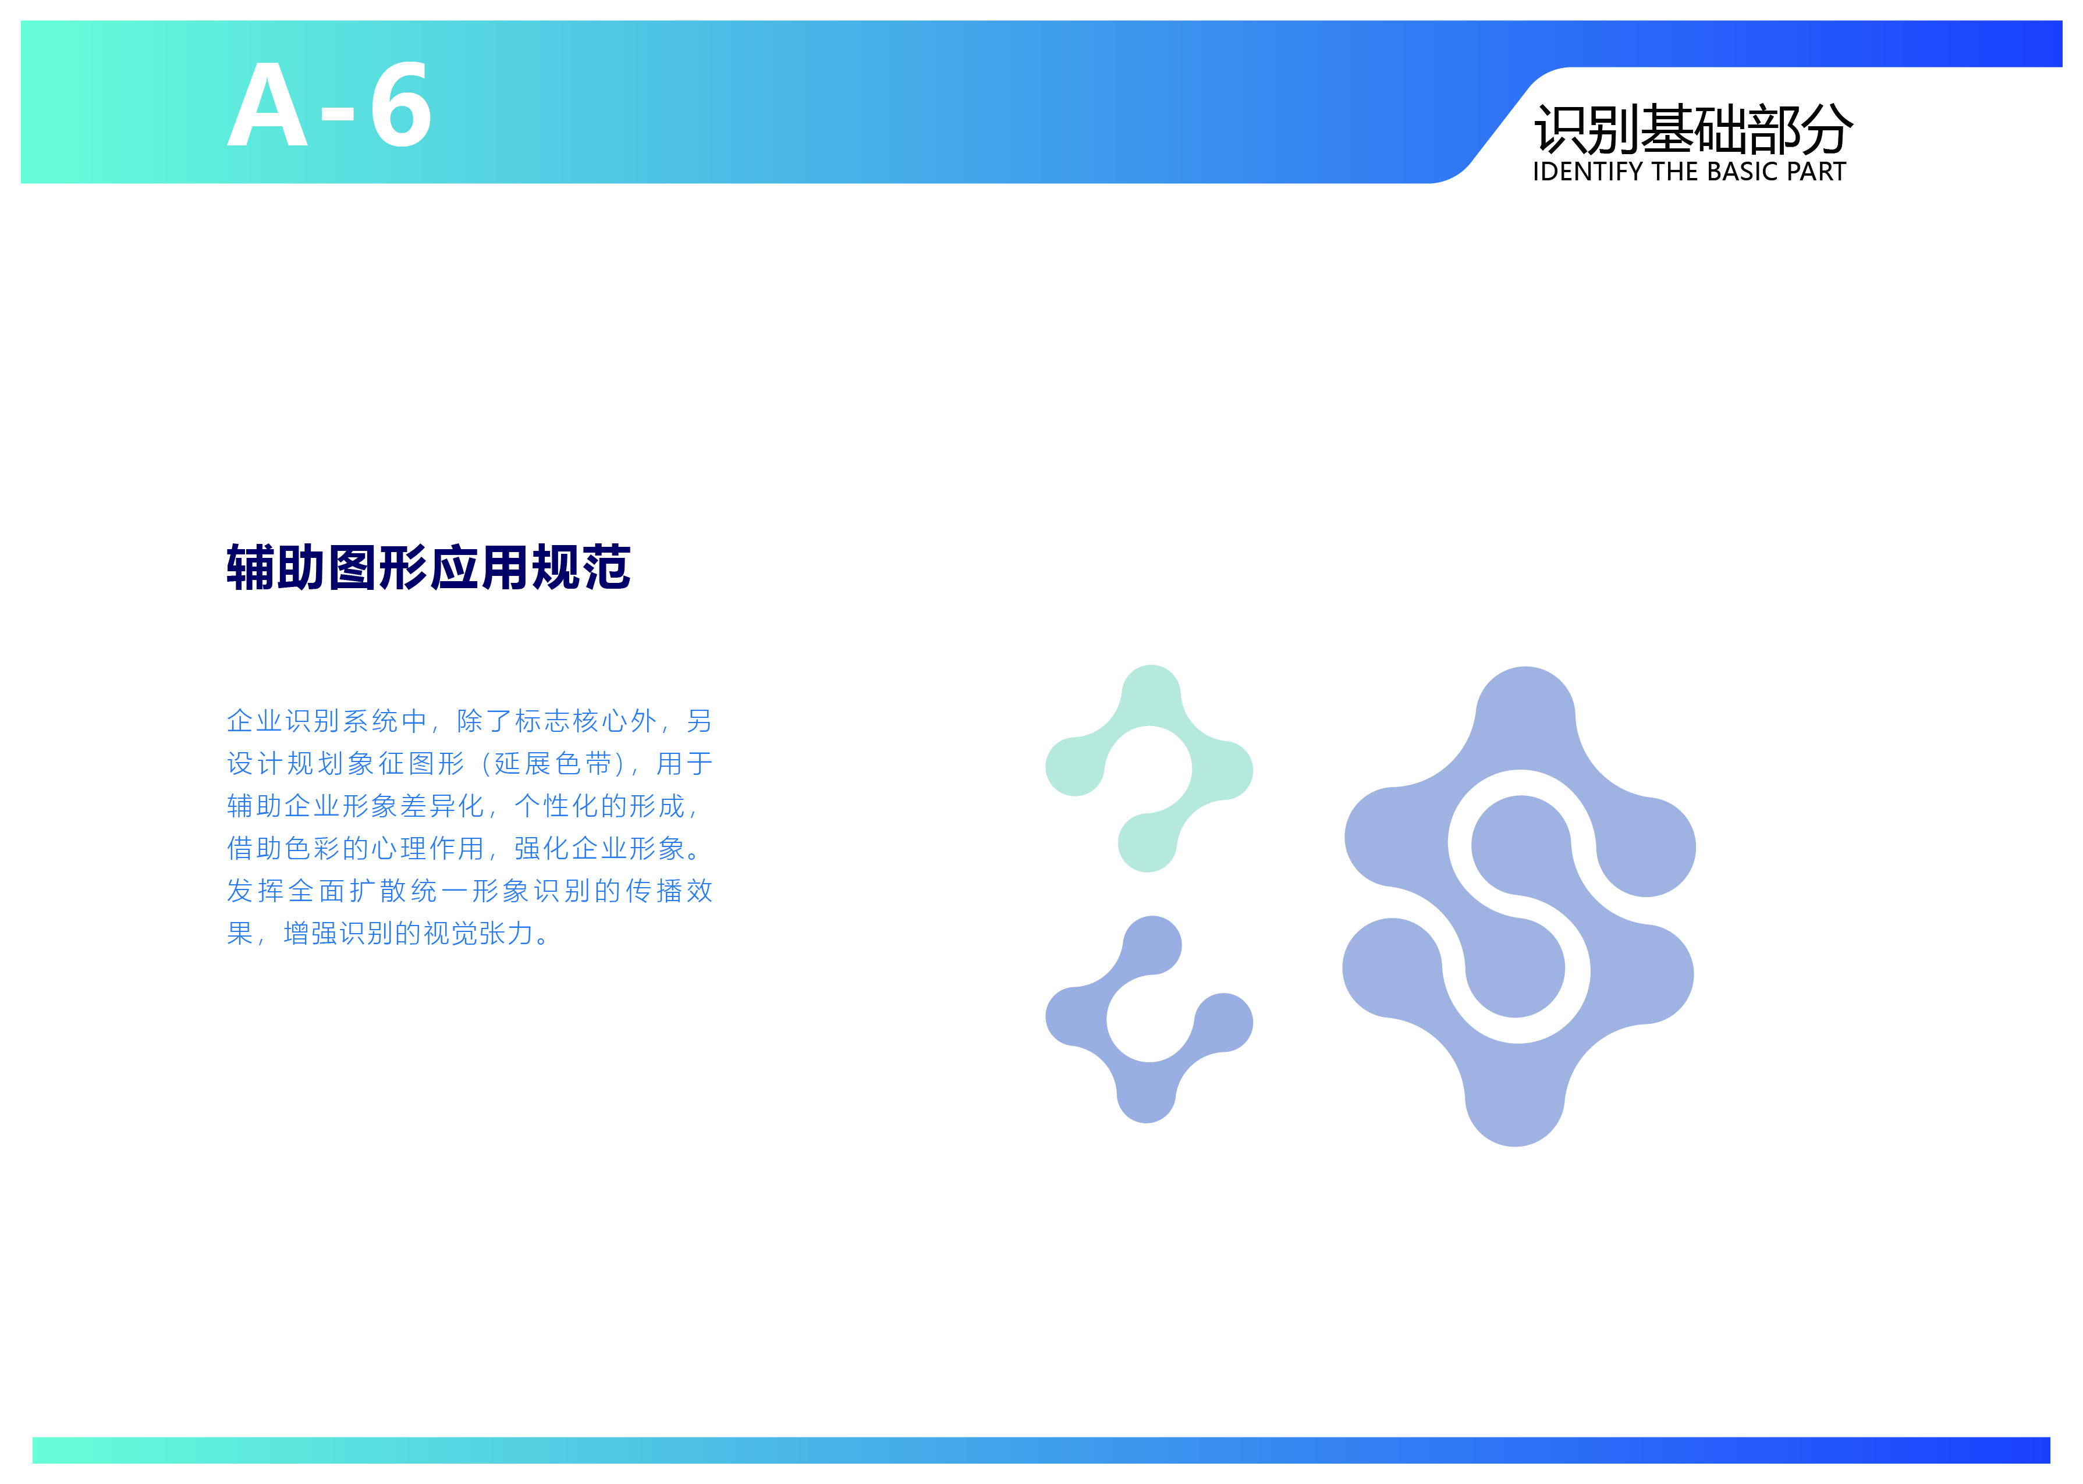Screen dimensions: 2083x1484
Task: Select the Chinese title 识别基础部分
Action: coord(1692,129)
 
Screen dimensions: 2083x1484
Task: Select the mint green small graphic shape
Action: coord(1149,768)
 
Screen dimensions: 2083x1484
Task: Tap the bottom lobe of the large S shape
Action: coord(1514,1097)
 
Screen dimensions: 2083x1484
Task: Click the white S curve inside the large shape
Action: coord(1519,906)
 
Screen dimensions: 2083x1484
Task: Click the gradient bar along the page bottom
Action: coord(1041,1450)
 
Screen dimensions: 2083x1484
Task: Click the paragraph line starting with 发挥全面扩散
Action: coord(470,891)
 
